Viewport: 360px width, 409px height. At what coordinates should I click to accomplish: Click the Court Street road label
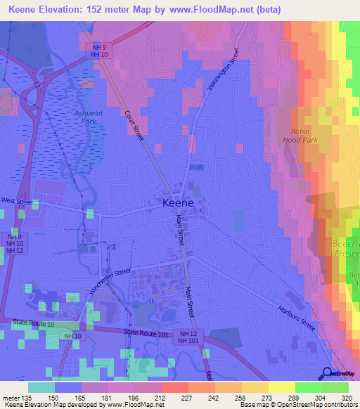(x=134, y=125)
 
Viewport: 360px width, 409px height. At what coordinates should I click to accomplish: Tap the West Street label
(x=16, y=201)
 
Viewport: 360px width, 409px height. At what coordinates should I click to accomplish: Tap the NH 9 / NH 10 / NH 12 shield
(x=13, y=244)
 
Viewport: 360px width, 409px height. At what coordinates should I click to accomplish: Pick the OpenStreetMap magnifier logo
(x=328, y=374)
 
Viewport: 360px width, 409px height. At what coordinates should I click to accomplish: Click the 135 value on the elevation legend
(x=27, y=397)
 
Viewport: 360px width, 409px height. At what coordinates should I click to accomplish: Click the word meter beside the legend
(x=11, y=397)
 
